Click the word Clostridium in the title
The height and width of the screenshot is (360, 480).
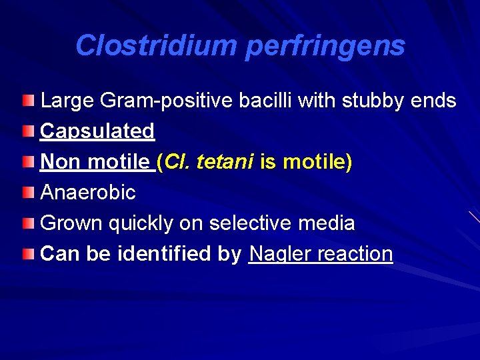(156, 46)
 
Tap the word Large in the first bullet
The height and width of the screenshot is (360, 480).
(67, 101)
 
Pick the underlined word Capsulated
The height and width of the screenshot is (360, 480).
(97, 131)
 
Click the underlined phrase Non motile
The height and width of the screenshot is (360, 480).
(95, 162)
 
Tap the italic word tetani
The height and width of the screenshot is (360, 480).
(226, 162)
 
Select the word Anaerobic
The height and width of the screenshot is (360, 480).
(88, 193)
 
